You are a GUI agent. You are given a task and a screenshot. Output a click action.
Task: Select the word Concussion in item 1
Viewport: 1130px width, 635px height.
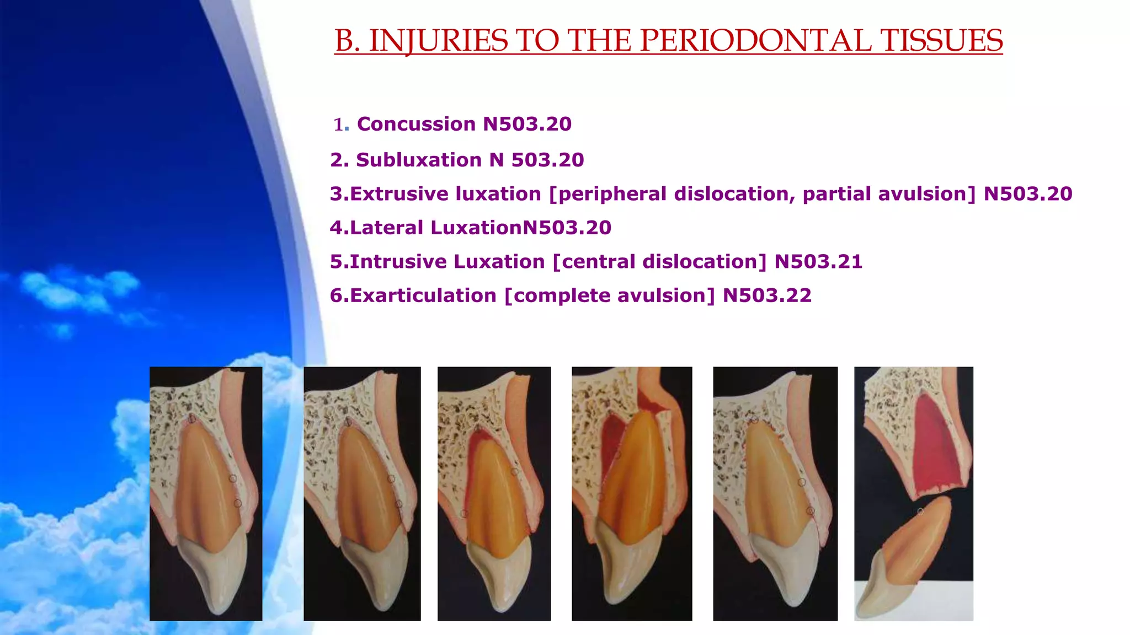pos(416,124)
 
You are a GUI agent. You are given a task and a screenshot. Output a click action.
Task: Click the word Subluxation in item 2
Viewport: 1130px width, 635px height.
pos(419,160)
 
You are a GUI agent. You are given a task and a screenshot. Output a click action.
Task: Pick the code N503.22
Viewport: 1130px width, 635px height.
pos(767,295)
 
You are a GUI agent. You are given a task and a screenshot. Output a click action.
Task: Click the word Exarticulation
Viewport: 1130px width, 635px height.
pos(423,295)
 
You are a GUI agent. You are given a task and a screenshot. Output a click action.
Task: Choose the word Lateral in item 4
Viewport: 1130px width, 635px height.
pos(386,228)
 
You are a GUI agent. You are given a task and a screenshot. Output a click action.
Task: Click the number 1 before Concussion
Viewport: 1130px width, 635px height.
pos(338,125)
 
